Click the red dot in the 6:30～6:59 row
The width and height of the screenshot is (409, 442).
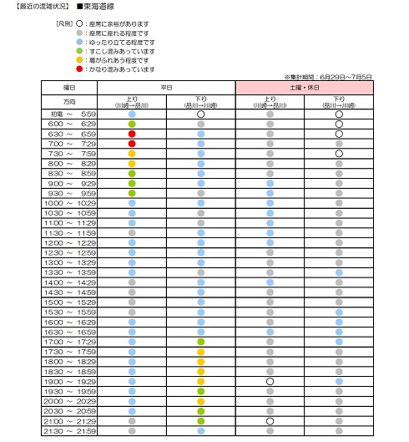[x=132, y=134]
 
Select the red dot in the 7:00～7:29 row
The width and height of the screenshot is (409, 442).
[x=132, y=144]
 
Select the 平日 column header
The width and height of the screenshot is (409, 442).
[x=166, y=87]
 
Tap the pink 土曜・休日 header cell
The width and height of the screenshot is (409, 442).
[x=304, y=87]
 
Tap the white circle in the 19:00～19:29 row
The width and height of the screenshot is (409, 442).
[x=270, y=381]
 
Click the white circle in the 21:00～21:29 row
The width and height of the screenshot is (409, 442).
[x=270, y=421]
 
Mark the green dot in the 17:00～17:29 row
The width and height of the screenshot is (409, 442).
[x=200, y=342]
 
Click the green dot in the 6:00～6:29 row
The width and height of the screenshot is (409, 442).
[x=132, y=124]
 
